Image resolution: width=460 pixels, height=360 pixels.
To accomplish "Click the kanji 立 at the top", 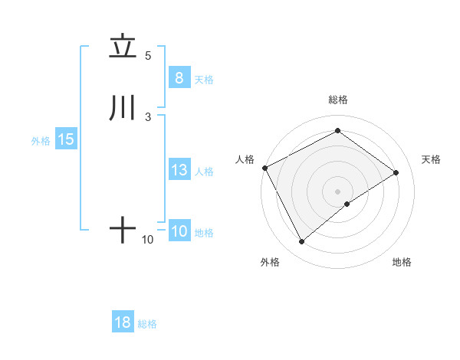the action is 123,47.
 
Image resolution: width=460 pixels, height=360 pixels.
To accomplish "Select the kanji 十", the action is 123,230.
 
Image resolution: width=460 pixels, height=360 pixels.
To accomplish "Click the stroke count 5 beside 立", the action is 148,55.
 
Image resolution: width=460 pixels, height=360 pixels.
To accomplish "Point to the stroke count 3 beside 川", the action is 148,116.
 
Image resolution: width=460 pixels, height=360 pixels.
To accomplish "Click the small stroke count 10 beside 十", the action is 148,240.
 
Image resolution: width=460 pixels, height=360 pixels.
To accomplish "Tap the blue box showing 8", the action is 179,77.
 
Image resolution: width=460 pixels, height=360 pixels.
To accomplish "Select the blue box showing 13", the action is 179,170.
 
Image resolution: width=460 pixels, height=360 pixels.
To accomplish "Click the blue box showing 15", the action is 65,139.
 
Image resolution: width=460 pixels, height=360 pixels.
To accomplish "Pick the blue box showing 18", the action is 123,322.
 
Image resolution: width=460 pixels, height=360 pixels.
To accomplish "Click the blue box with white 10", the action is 179,231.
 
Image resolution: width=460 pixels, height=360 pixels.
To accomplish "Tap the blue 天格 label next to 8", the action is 204,79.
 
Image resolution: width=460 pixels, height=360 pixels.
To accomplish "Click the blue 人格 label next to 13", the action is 204,172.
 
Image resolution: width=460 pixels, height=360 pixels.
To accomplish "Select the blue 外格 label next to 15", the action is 40,141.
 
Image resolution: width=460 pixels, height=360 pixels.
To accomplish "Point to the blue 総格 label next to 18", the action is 147,324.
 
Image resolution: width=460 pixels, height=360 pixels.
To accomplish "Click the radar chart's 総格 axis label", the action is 337,100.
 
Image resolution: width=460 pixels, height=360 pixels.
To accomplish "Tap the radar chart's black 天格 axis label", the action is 432,159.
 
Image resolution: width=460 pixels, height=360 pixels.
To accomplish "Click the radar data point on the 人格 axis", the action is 264,168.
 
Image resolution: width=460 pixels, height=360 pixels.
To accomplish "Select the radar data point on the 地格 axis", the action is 347,204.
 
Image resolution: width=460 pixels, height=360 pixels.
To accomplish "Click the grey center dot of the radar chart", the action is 337,191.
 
